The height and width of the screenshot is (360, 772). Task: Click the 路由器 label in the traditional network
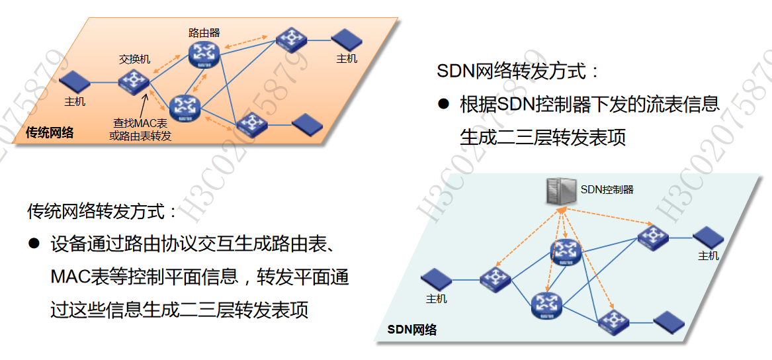coord(204,32)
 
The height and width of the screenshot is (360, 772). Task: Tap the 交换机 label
coord(134,60)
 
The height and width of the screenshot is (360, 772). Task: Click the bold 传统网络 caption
coord(50,132)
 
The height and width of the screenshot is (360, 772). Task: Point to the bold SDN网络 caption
coord(411,329)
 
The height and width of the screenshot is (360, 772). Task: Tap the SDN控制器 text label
coord(607,189)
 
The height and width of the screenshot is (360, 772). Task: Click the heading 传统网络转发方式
coord(103,211)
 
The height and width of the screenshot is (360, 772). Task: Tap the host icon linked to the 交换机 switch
coord(75,82)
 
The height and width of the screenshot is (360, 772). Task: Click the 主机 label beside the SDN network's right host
coord(708,255)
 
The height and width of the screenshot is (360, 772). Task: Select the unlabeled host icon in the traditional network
coord(305,123)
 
